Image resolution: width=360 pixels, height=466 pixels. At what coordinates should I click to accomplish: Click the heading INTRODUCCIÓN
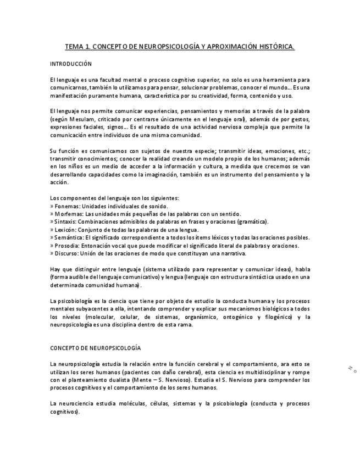[x=70, y=64]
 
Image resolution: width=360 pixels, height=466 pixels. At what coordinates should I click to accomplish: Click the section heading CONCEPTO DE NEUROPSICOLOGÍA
[x=95, y=348]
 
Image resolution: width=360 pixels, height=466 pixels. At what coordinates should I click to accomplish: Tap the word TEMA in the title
[x=74, y=47]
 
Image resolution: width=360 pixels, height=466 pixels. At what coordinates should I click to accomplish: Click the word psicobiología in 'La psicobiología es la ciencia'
[x=74, y=301]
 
